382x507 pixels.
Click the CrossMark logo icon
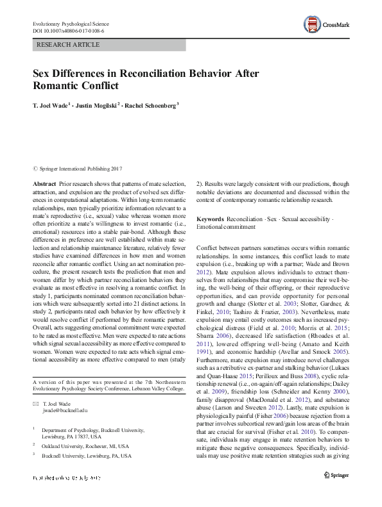tap(312, 25)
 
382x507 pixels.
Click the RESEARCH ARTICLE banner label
tap(69, 45)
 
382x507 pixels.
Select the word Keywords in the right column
tap(211, 219)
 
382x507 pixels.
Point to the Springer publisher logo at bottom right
tap(335, 475)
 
